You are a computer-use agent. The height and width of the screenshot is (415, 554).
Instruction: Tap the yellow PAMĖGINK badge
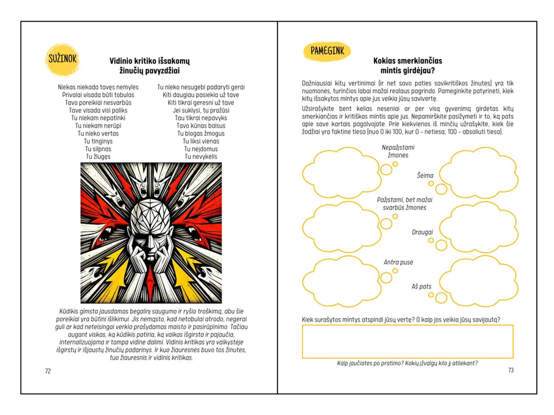click(327, 51)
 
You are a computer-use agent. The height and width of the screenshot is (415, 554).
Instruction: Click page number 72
click(48, 371)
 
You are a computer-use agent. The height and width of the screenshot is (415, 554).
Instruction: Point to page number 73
click(511, 370)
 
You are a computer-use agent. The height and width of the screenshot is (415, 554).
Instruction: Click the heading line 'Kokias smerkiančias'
click(407, 61)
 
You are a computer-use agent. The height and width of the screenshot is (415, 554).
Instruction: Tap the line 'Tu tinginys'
click(98, 141)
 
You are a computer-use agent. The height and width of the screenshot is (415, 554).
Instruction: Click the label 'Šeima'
click(425, 175)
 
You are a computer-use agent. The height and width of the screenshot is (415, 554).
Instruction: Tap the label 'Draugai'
click(422, 232)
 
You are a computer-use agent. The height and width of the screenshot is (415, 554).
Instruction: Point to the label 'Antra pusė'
click(398, 262)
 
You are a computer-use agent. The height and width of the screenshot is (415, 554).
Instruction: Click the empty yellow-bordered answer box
click(407, 341)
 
